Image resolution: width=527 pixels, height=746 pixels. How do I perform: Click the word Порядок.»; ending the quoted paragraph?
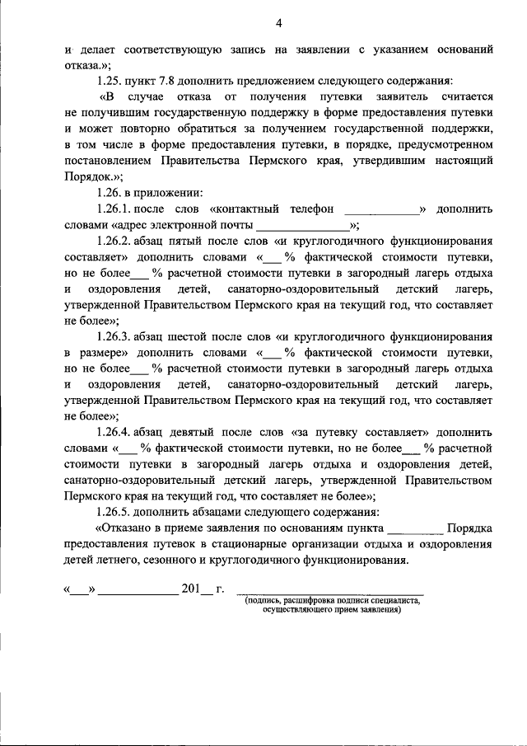coord(93,176)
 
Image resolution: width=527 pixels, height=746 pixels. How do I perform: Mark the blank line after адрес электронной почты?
coord(302,226)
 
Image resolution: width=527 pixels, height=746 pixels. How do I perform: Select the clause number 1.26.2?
coord(115,241)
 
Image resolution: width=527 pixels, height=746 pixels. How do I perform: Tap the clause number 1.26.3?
coord(115,336)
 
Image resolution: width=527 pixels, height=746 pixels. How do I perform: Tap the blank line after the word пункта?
coord(415,530)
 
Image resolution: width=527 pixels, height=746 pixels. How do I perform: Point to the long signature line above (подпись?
coord(329,593)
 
